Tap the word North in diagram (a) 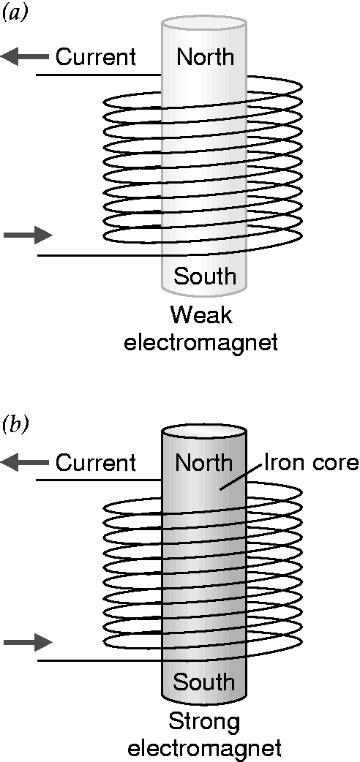coord(205,57)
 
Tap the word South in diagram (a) coord(205,276)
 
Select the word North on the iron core coord(204,463)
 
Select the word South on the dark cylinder coord(204,682)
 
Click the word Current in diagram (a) coord(95,57)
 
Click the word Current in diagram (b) coord(95,463)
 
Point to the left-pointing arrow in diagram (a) coord(25,57)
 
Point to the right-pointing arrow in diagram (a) coord(28,235)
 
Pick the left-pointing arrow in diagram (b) coord(25,463)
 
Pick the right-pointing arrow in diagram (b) coord(28,642)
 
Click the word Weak coord(201,316)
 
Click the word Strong coord(204,723)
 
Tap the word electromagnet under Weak coord(201,342)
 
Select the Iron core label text coord(311,463)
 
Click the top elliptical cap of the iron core coord(204,431)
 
